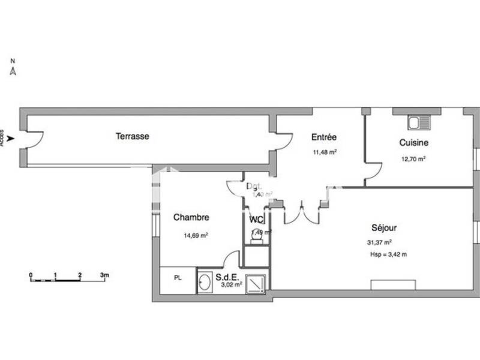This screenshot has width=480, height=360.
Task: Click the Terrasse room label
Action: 132,136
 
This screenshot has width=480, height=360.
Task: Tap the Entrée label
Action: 324,137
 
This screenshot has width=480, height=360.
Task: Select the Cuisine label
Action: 413,143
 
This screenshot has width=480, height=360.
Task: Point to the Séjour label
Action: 384,228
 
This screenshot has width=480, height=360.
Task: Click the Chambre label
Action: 191,218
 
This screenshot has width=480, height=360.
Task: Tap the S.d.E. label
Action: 227,277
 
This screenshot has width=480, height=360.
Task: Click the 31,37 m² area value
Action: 379,242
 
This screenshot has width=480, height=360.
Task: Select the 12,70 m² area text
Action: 413,159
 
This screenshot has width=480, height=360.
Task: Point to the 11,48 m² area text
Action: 324,152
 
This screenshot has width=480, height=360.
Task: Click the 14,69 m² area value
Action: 196,236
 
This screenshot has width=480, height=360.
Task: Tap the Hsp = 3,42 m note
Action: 389,255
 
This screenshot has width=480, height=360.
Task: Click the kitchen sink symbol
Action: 418,122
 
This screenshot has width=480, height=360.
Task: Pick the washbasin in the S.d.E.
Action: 205,281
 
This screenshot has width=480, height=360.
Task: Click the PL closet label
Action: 178,278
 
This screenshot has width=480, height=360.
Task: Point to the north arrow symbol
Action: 13,71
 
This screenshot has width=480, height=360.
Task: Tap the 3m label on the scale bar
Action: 104,275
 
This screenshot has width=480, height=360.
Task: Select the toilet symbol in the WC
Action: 257,236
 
